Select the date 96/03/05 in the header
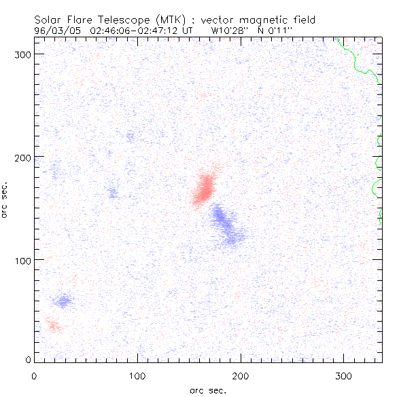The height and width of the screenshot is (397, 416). point(52,31)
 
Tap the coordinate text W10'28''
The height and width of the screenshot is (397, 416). point(229,31)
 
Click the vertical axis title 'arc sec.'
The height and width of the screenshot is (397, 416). point(5,199)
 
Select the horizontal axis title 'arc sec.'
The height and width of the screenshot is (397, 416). point(207,390)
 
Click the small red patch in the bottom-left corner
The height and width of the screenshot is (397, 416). point(52,327)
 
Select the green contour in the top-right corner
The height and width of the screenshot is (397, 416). point(358,58)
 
